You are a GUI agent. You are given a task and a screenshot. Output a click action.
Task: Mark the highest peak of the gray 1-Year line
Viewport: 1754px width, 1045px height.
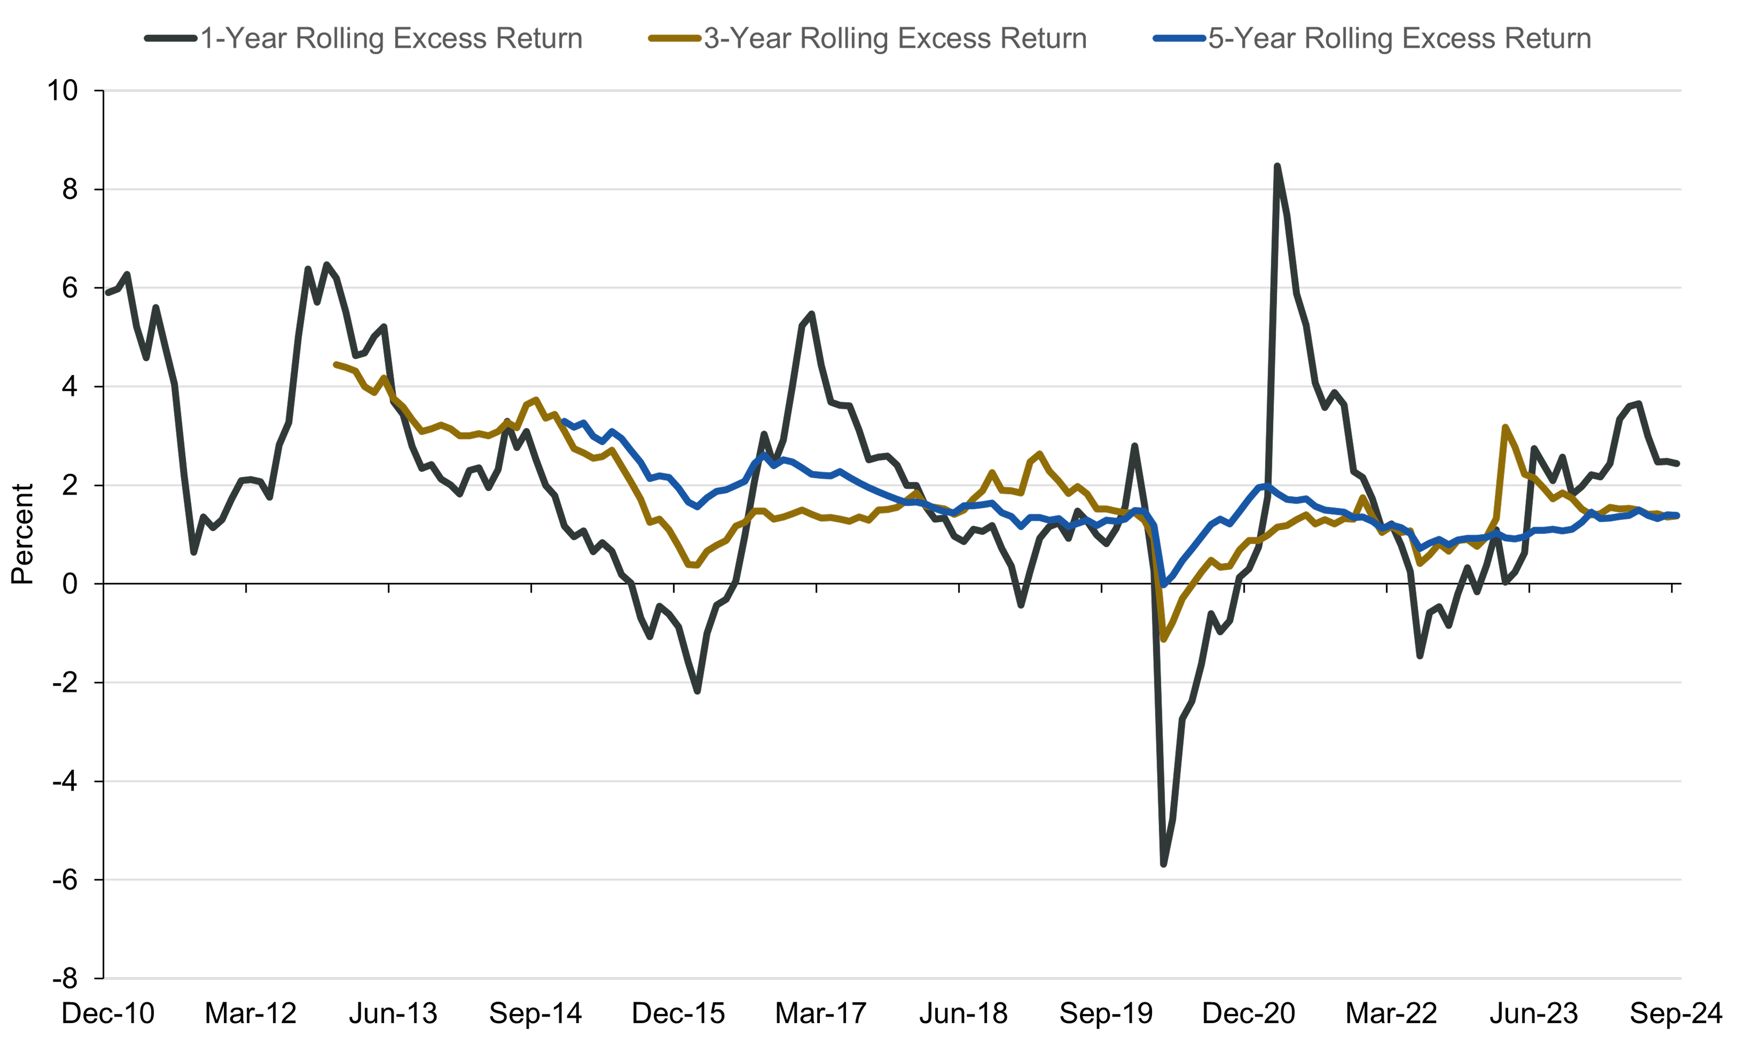(x=1277, y=166)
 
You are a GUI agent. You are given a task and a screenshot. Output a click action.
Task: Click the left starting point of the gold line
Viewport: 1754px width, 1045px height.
(x=336, y=364)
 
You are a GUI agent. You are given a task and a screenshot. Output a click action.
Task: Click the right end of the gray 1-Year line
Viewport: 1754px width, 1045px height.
(x=1678, y=463)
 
